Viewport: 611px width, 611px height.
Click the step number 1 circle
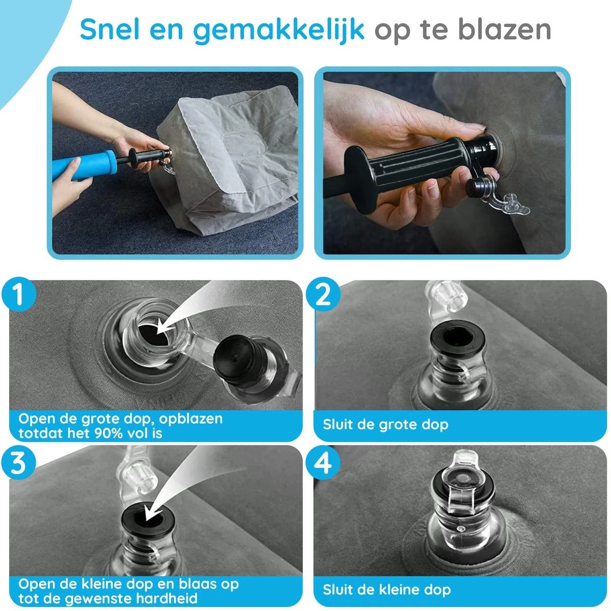(x=19, y=295)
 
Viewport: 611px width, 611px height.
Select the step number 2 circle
(x=323, y=295)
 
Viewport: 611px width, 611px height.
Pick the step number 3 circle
(x=19, y=463)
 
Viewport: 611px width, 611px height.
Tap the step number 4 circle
(x=323, y=463)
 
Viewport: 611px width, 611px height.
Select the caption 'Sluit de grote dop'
(x=385, y=424)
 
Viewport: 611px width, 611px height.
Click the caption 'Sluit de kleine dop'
(x=386, y=590)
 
